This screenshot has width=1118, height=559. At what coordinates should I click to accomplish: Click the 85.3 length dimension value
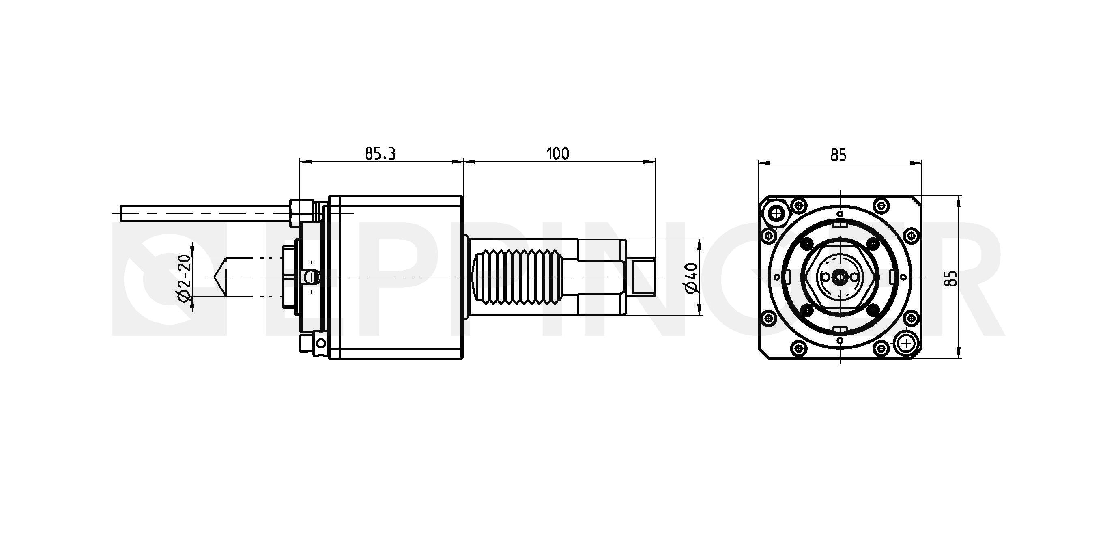tap(380, 154)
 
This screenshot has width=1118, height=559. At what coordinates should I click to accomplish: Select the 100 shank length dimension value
tap(557, 154)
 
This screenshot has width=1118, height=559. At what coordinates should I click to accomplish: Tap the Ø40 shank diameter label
tap(692, 278)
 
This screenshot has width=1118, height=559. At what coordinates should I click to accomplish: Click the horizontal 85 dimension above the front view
tap(838, 155)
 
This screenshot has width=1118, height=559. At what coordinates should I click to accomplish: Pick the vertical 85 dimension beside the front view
tap(950, 278)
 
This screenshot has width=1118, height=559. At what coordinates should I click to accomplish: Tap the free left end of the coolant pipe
tap(121, 213)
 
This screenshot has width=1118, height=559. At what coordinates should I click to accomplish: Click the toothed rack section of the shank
tap(519, 277)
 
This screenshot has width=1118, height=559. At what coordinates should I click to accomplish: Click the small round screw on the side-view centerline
tap(311, 277)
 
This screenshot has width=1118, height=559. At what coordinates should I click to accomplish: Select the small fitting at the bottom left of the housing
tap(312, 344)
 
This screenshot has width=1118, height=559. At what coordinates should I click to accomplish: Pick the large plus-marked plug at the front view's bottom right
tap(906, 343)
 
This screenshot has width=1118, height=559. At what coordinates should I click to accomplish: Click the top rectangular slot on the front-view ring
tap(840, 224)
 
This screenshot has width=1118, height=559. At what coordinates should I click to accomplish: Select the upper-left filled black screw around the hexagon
tap(807, 244)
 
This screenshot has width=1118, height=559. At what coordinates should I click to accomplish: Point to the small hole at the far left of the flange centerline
tap(775, 277)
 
